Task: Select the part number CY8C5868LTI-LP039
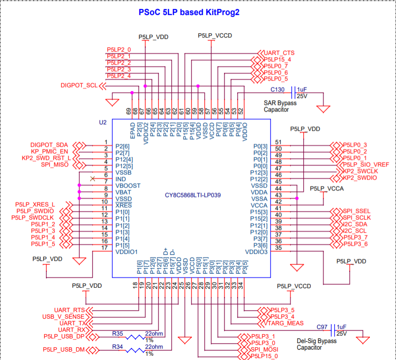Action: (192, 195)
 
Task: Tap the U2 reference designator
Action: (103, 122)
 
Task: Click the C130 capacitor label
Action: (277, 90)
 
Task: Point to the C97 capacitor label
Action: (321, 327)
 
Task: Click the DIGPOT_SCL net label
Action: (79, 85)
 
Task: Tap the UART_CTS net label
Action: (279, 53)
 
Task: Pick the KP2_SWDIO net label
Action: (360, 178)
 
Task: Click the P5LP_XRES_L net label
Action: (35, 204)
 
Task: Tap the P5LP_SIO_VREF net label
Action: (366, 164)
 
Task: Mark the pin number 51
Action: (278, 142)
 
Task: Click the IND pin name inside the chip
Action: (120, 179)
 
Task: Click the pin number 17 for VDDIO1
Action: (106, 247)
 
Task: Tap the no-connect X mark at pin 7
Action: (93, 179)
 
